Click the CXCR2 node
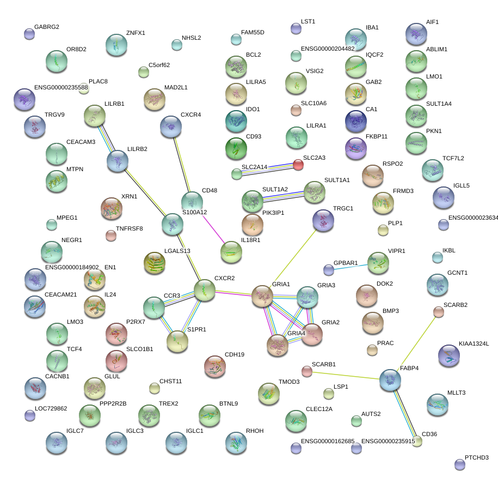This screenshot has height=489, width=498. click(x=205, y=290)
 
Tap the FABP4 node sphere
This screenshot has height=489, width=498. click(x=390, y=380)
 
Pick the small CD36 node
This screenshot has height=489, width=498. click(x=417, y=442)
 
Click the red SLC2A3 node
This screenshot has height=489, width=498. click(x=298, y=165)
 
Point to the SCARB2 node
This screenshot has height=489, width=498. click(x=438, y=312)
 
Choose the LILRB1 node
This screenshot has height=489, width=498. click(x=95, y=116)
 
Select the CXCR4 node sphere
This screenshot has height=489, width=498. click(x=171, y=126)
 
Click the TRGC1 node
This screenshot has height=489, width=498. click(x=323, y=220)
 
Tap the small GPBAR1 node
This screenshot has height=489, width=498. click(x=328, y=270)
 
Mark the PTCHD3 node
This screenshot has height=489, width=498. click(x=460, y=464)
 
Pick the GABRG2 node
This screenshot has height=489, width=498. click(x=29, y=34)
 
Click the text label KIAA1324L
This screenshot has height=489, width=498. click(x=474, y=344)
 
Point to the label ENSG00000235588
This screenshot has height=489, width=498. click(x=61, y=87)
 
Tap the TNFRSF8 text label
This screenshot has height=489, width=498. click(x=129, y=228)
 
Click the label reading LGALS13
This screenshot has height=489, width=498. click(x=177, y=251)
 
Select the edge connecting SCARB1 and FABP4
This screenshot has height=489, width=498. click(x=348, y=376)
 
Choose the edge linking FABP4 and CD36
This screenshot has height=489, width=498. click(x=404, y=411)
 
